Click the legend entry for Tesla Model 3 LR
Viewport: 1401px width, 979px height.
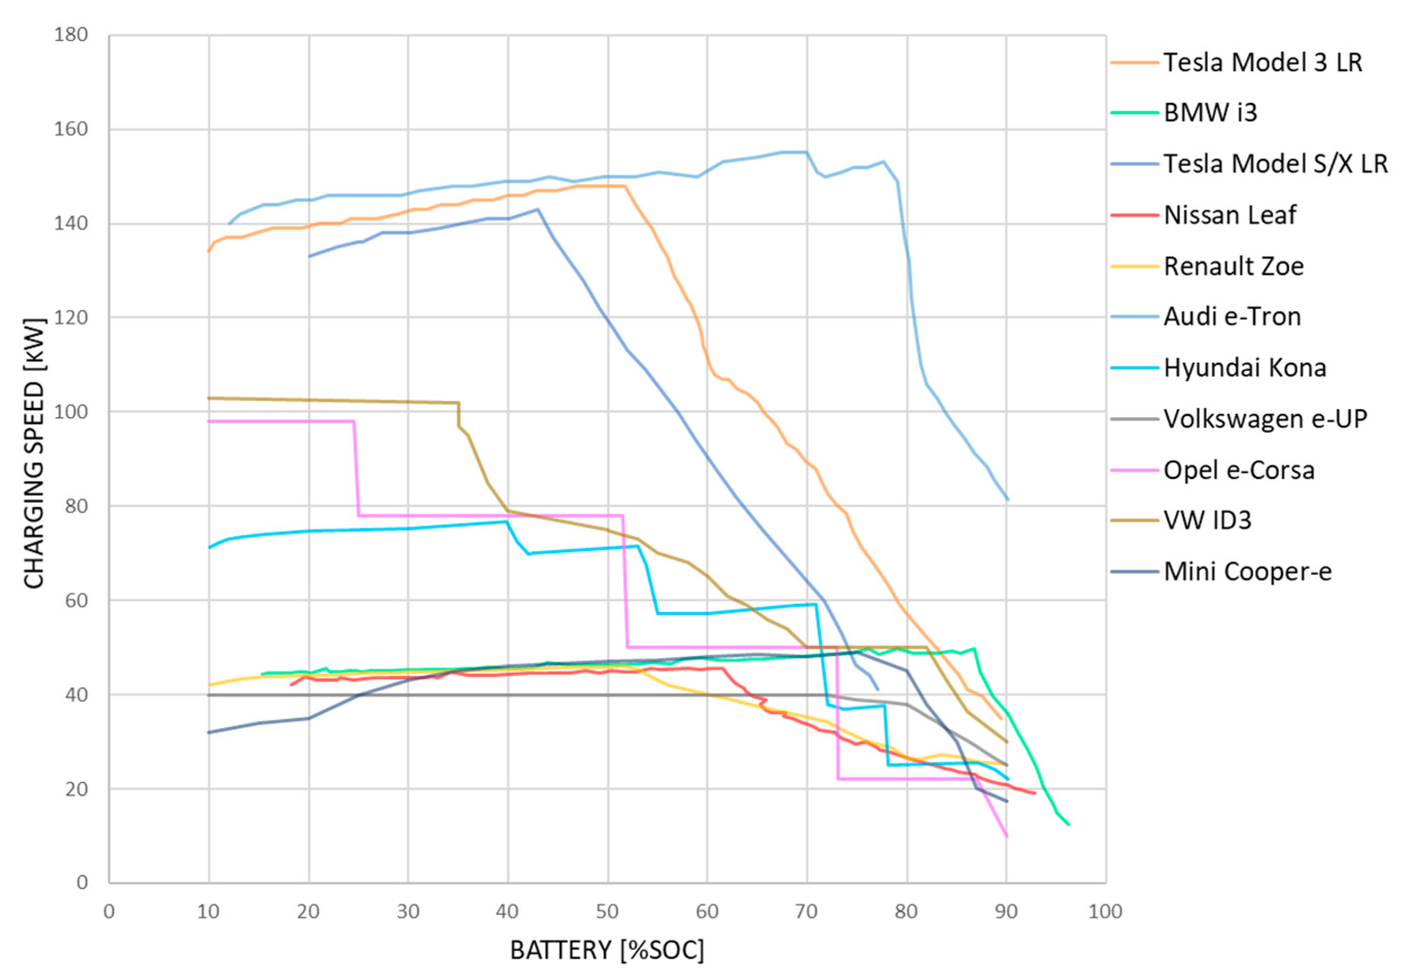point(1262,62)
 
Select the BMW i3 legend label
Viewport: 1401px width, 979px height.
point(1210,113)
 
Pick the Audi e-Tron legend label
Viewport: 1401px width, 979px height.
point(1232,316)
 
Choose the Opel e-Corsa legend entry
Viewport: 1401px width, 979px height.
point(1239,470)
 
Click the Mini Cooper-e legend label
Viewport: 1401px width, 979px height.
point(1247,572)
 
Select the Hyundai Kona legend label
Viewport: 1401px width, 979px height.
point(1245,368)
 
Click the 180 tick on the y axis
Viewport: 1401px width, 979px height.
point(71,35)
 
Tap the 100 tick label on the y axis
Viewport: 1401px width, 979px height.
point(71,412)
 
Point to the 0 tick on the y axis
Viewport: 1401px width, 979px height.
point(82,883)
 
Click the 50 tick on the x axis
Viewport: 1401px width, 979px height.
point(607,912)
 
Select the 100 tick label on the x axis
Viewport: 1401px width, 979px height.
point(1105,912)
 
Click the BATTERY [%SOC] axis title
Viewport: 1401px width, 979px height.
point(607,950)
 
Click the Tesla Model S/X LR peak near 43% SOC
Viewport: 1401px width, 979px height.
point(538,209)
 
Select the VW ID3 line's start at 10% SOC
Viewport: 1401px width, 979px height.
point(209,398)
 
